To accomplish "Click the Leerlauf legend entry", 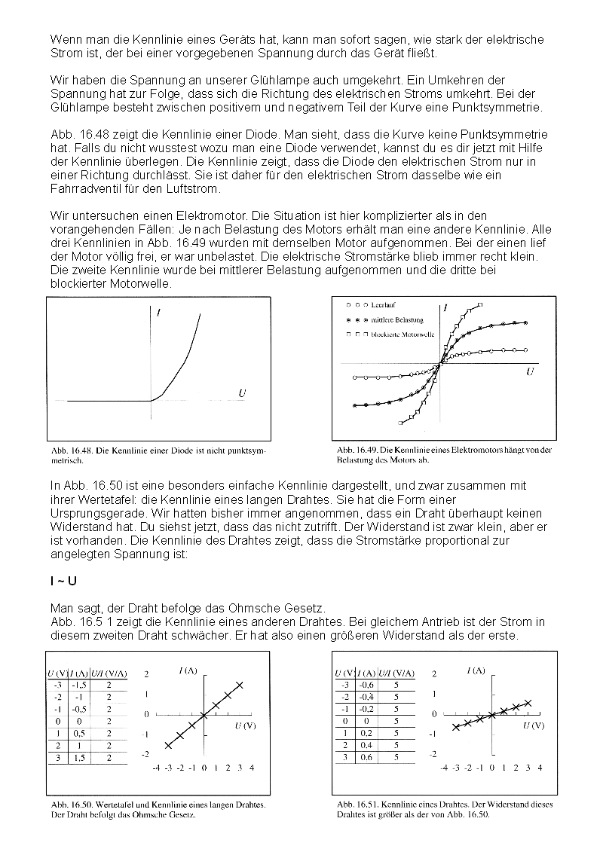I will click(x=384, y=306).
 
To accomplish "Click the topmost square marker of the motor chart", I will click(x=480, y=305).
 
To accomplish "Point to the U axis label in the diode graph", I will click(x=242, y=393).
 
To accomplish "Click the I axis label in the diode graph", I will click(x=160, y=312).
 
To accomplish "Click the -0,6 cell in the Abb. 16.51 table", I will click(x=366, y=685).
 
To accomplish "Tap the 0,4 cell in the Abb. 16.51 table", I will click(x=366, y=745).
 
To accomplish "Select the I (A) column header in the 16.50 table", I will click(x=78, y=673).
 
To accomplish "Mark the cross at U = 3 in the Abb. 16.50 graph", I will click(x=240, y=684).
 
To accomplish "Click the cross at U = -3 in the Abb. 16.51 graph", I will click(x=455, y=727).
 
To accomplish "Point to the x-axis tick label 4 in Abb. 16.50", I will click(x=252, y=768).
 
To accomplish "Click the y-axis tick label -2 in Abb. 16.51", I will click(x=432, y=753).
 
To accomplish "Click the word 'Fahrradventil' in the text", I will click(x=84, y=188).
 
